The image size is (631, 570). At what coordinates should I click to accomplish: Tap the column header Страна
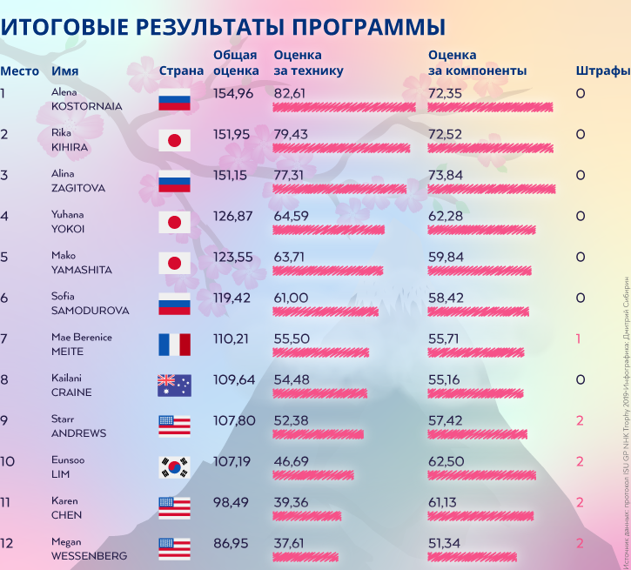[182, 70]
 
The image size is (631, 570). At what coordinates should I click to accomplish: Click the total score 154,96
[232, 93]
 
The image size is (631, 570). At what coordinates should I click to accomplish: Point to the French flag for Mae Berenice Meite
[174, 345]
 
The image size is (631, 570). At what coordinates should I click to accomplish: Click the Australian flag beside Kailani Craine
[174, 386]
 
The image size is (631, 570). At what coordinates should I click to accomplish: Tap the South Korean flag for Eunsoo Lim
[174, 467]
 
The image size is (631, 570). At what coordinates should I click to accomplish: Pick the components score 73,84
[445, 175]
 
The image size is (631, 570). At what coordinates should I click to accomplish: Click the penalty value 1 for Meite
[579, 339]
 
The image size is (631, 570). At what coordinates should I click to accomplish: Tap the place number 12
[6, 542]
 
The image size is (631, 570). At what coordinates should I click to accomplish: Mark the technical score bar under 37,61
[305, 557]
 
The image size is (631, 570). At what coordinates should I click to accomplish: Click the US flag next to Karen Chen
[174, 508]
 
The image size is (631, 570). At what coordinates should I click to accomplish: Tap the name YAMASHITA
[82, 270]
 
